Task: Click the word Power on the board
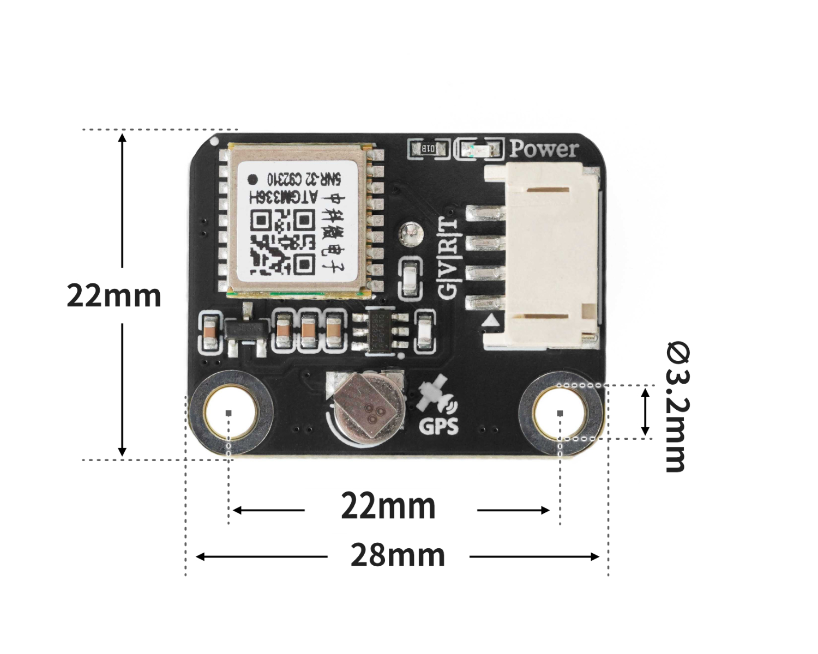[x=544, y=149]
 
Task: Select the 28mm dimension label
[x=398, y=555]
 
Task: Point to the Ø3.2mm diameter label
[x=678, y=407]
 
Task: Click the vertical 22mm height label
[x=113, y=296]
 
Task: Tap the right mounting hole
[x=560, y=413]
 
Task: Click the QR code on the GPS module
[x=283, y=243]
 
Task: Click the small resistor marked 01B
[x=428, y=148]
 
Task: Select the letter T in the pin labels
[x=448, y=224]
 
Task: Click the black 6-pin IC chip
[x=381, y=331]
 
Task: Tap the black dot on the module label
[x=253, y=179]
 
